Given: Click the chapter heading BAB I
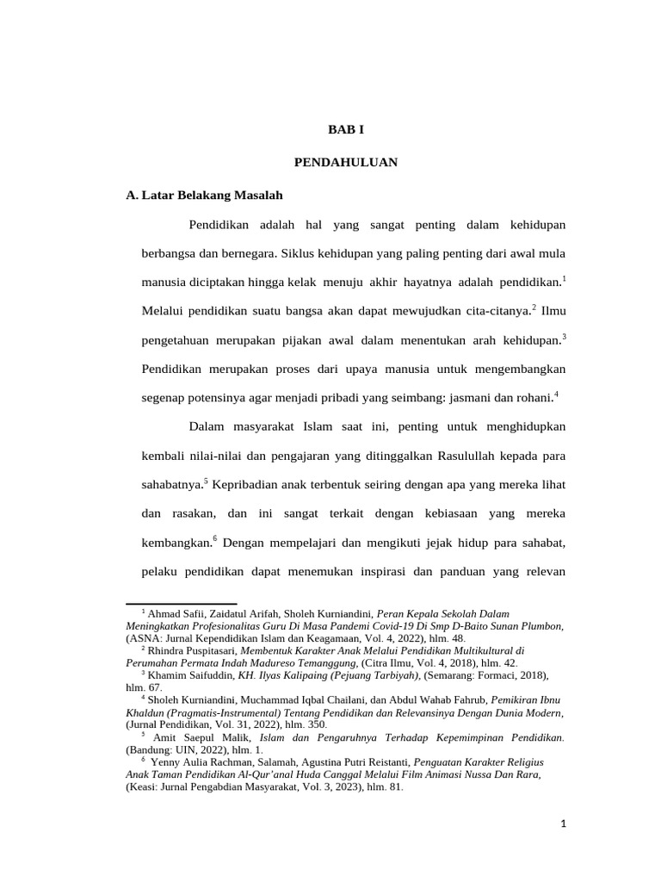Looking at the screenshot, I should pos(347,129).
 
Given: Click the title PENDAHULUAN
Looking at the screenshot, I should pos(346,162).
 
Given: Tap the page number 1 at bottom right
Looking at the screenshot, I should pos(563,824).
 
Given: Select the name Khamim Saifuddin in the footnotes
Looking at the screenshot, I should pos(190,676).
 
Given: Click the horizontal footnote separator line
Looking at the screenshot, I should pos(181,604).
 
